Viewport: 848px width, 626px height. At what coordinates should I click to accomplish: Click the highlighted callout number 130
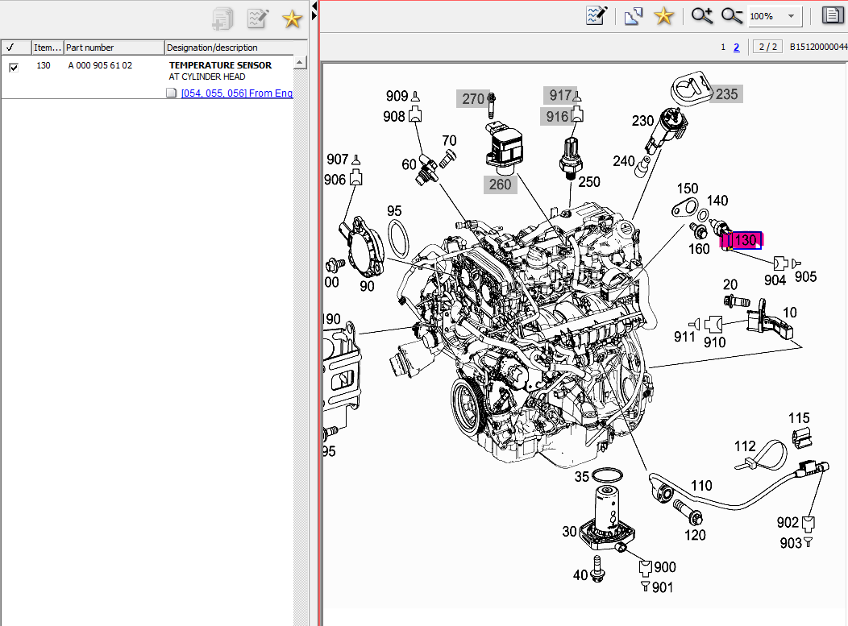tap(746, 240)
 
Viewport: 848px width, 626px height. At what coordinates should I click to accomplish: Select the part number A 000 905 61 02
tap(100, 65)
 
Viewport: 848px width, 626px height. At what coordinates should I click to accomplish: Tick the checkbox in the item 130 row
tap(14, 67)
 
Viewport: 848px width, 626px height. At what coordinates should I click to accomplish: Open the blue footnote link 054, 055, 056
tap(237, 93)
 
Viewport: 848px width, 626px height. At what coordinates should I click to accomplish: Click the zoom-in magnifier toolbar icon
tap(702, 16)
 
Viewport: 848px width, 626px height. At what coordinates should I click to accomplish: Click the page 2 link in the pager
tap(736, 47)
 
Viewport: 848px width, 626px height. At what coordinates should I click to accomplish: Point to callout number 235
tap(726, 94)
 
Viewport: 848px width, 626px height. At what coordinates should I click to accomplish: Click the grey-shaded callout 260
tap(500, 184)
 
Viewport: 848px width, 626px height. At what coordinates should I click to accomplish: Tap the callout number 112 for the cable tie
tap(745, 446)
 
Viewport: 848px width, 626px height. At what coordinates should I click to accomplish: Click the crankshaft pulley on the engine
tap(467, 402)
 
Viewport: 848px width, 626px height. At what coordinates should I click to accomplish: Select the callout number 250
tap(589, 182)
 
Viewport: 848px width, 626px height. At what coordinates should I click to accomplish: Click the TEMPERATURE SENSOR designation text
tap(220, 65)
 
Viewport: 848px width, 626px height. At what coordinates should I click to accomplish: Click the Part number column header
tap(90, 48)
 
